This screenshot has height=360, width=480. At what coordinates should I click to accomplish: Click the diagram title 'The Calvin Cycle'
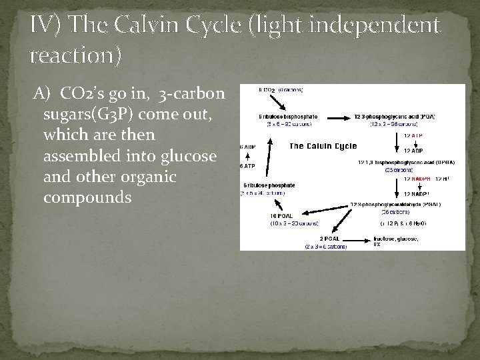coord(323,146)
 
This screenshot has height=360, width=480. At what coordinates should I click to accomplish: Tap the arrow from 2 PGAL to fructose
coord(357,239)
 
